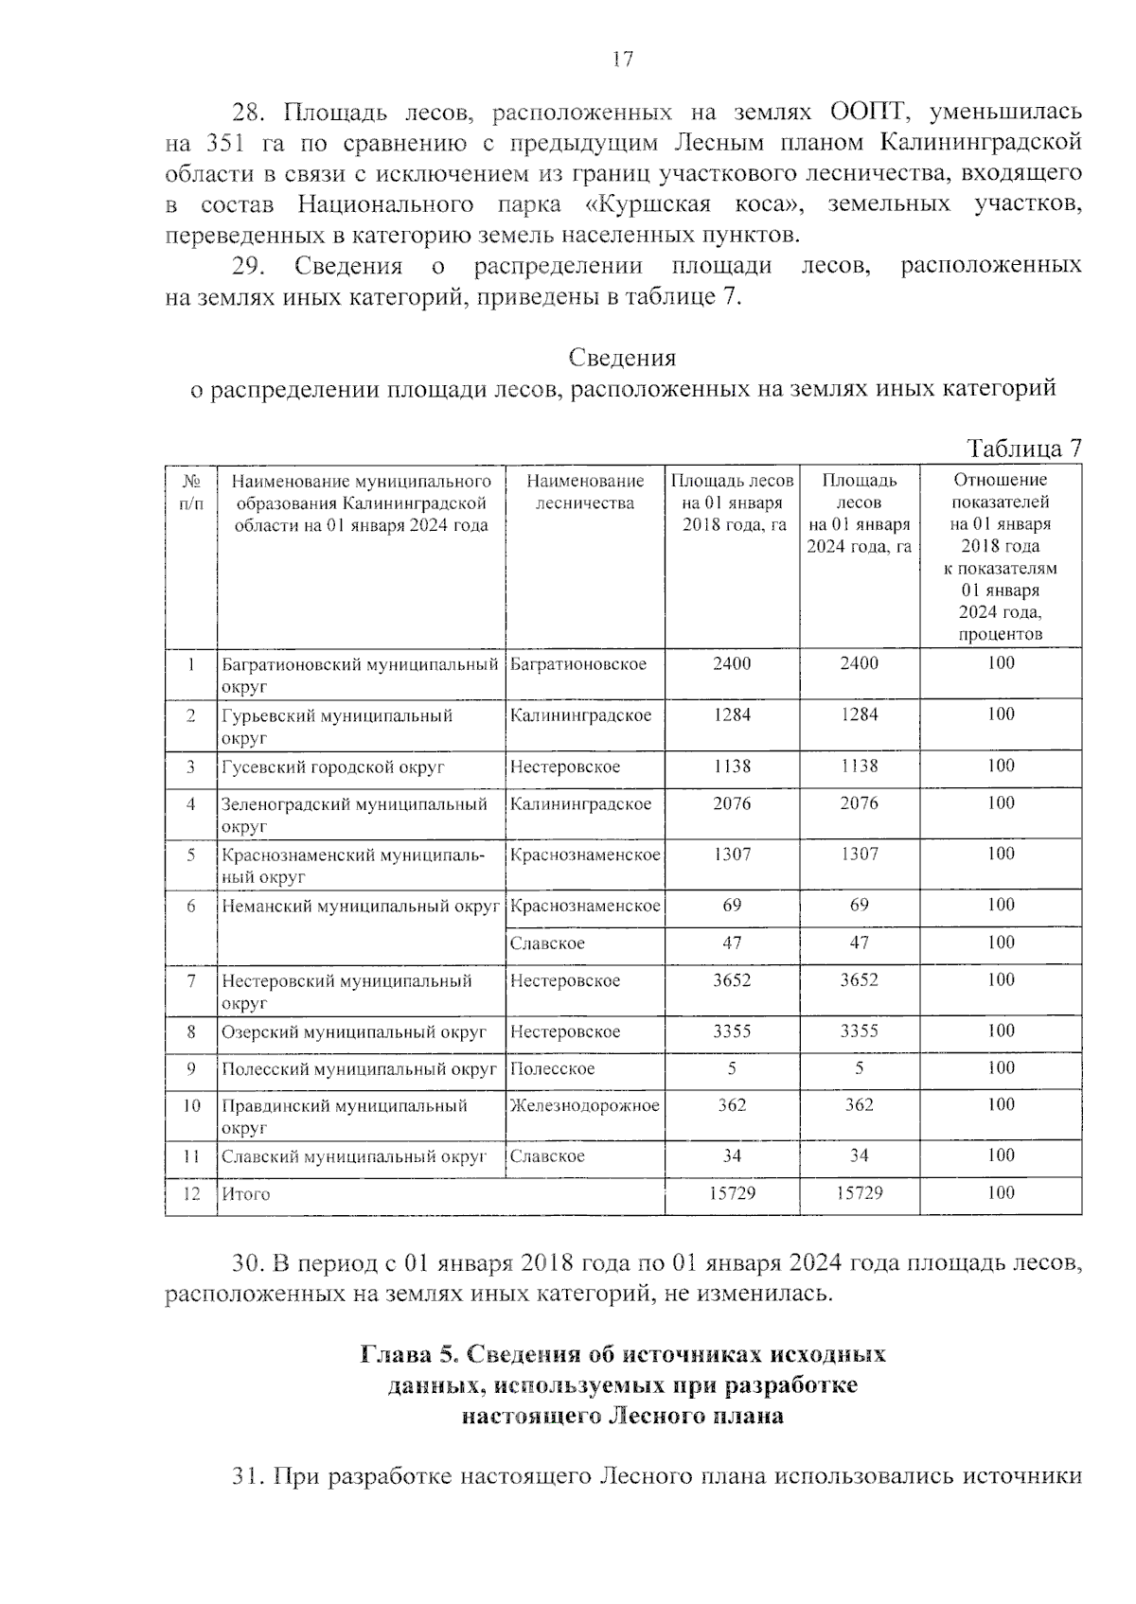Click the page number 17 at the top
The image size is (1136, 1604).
622,60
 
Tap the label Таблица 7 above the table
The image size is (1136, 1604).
1023,449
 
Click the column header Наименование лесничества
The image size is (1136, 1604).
584,492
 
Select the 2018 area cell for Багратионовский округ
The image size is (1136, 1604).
731,663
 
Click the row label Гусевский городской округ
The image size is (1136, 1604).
332,767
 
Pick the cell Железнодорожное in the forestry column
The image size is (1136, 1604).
584,1105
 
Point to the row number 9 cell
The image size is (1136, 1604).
190,1068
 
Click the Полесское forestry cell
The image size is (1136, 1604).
552,1068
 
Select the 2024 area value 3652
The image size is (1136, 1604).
859,980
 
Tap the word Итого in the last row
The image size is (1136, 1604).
246,1194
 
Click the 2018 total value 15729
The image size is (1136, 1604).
732,1193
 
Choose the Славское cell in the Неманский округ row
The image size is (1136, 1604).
547,943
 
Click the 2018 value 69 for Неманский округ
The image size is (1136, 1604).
732,905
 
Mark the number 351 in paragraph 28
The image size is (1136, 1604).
224,143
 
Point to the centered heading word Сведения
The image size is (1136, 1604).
622,358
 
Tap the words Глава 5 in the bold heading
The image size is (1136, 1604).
410,1354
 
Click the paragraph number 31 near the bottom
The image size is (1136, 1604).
247,1476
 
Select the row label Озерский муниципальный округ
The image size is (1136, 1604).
353,1031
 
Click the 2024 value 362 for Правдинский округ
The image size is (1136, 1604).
859,1105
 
